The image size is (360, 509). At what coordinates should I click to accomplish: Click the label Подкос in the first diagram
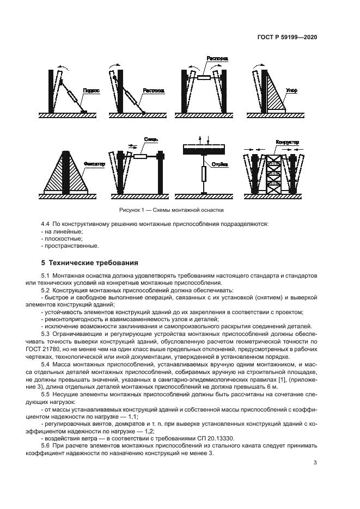point(91,91)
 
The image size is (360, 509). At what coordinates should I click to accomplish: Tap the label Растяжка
point(154,91)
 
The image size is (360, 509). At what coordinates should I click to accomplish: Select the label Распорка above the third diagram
point(217,58)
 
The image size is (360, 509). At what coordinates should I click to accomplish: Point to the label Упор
point(292,91)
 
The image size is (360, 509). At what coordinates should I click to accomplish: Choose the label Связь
point(151,139)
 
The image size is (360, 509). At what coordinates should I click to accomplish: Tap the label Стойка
point(220,163)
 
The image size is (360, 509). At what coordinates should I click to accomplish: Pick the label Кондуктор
point(288,142)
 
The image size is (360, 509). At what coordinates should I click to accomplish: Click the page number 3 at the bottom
point(315,463)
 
